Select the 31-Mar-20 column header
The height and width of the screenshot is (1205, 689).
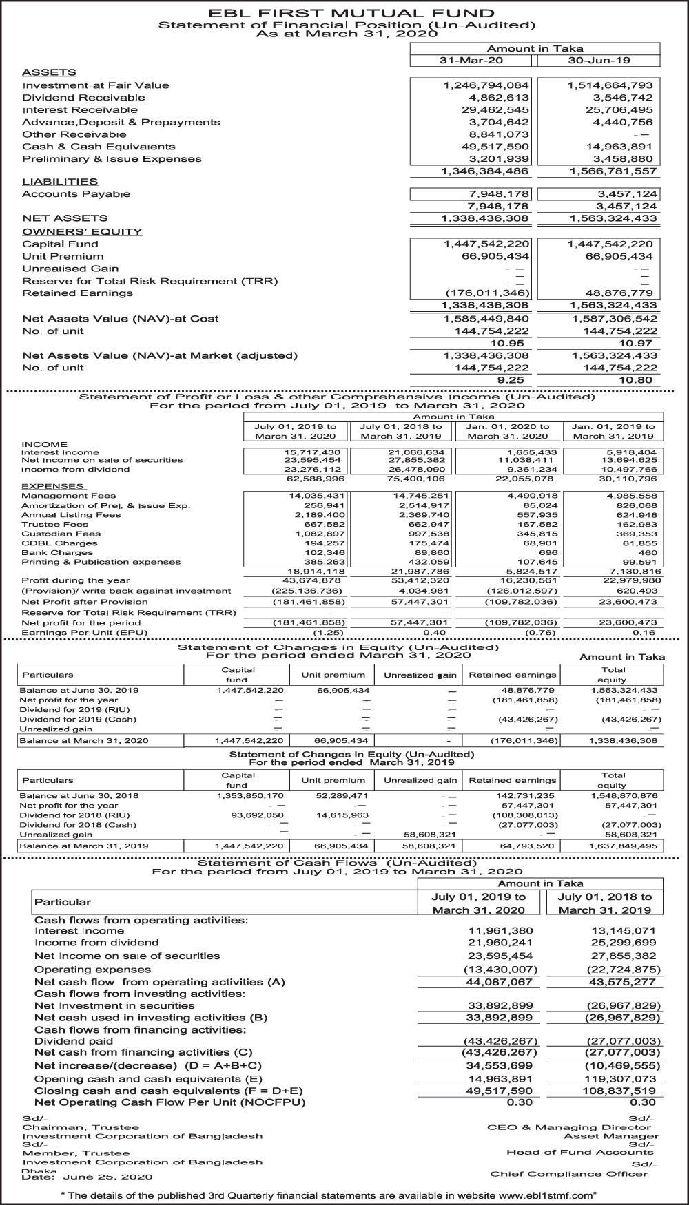471,61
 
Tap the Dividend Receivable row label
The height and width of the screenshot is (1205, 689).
83,98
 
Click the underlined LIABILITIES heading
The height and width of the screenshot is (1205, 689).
60,182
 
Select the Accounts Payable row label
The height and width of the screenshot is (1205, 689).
76,194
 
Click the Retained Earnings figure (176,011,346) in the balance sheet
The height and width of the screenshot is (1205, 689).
487,293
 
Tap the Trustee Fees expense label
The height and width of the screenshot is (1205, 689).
54,524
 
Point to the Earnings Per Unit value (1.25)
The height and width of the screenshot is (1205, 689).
329,632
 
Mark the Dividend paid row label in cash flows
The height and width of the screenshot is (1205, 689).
74,1041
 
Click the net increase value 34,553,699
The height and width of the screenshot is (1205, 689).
500,1066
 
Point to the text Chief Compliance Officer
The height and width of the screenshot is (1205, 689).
568,1174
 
